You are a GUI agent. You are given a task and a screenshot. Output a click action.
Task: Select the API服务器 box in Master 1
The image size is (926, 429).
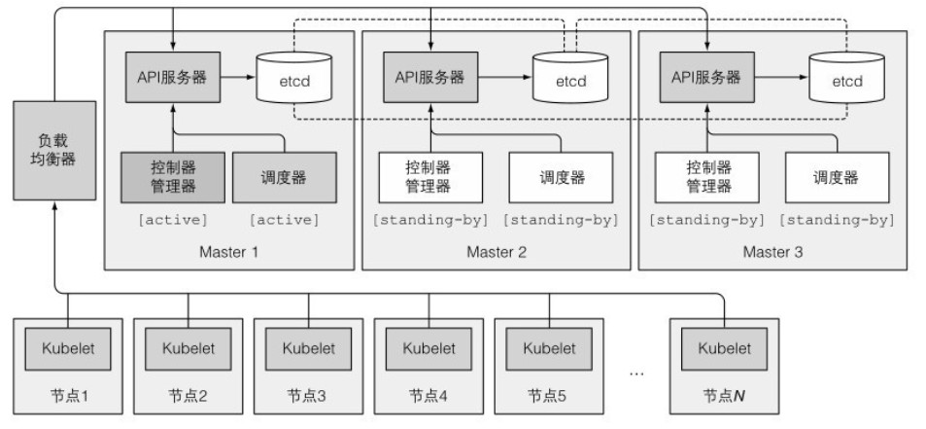tap(172, 76)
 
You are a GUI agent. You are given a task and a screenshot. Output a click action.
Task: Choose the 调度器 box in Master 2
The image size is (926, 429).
tap(561, 177)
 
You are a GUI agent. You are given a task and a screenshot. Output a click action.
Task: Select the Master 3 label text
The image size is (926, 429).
tap(772, 252)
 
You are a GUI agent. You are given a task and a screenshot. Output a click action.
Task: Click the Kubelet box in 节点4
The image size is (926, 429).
tap(429, 347)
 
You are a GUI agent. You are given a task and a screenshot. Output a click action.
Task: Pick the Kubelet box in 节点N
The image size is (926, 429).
tap(724, 347)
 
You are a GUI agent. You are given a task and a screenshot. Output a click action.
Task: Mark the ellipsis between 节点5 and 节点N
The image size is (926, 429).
tap(638, 373)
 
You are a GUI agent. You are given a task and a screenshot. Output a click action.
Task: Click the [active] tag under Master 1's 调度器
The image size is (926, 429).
tap(284, 219)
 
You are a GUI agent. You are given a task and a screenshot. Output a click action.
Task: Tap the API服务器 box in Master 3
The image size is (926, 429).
tap(706, 76)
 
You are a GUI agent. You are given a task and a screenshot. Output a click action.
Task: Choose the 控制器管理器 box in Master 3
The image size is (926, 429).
tap(706, 177)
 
